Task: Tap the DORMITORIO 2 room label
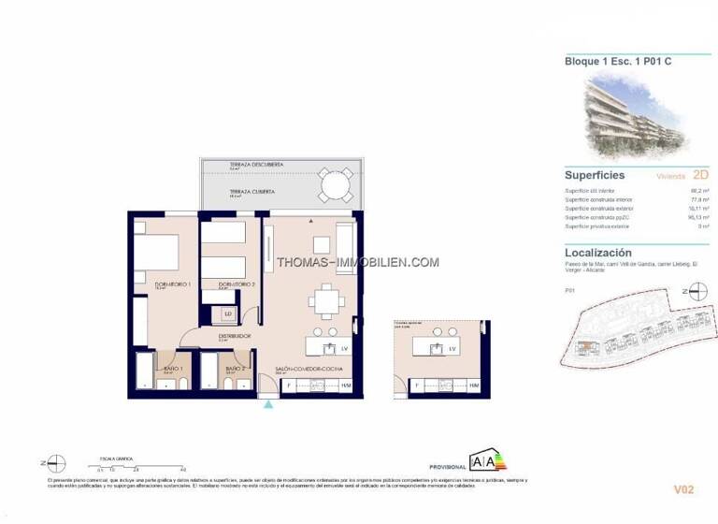click(x=237, y=284)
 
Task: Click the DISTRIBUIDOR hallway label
click(x=235, y=335)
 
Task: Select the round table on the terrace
click(x=333, y=185)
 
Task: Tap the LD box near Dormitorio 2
click(x=227, y=313)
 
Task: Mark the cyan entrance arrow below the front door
click(x=269, y=404)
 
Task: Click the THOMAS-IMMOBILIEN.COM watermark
click(x=358, y=262)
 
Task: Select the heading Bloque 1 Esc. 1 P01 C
click(x=611, y=61)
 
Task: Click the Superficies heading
click(x=595, y=175)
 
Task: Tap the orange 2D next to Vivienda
click(x=675, y=174)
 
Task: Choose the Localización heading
click(x=598, y=253)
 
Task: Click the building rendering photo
click(x=636, y=113)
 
